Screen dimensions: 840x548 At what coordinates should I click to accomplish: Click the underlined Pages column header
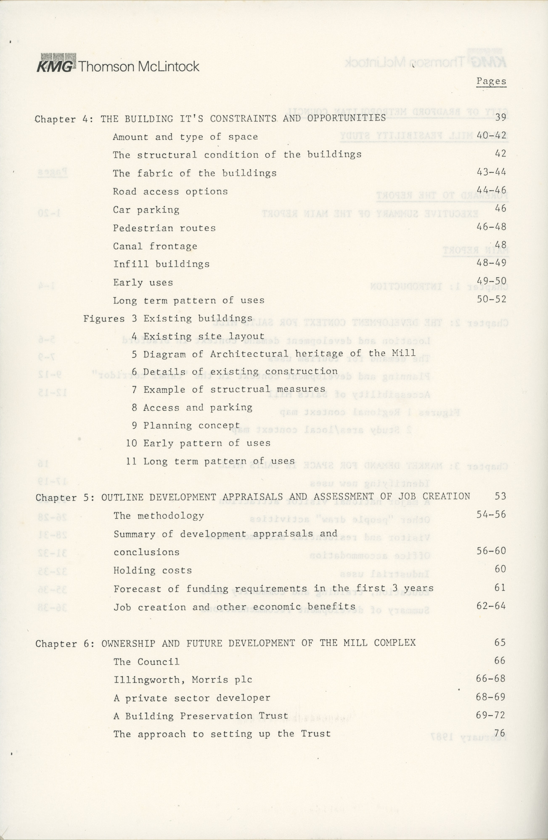coord(491,81)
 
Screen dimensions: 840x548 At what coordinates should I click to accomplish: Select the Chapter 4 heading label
coord(64,119)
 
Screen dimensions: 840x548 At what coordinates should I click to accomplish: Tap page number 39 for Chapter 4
coord(500,118)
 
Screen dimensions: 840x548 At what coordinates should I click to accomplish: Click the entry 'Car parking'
coord(146,210)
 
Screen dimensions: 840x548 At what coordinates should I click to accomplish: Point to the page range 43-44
coord(491,172)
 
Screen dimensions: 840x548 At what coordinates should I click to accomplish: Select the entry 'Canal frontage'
coord(155,246)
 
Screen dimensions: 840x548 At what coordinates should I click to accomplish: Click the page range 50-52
coord(491,299)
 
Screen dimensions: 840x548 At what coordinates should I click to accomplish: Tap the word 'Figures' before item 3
coord(104,319)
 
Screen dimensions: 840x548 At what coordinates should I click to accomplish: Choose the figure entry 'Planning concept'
coord(191,425)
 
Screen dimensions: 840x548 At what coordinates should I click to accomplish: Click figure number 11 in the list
coord(131,461)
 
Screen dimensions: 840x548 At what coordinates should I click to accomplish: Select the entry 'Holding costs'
coord(153,570)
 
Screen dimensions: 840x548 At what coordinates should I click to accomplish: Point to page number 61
coord(500,588)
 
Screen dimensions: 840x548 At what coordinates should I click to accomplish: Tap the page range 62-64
coord(491,606)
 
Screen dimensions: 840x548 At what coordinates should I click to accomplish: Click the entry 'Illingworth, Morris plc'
coord(183,680)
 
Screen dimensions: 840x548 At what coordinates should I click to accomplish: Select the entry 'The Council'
coord(146,661)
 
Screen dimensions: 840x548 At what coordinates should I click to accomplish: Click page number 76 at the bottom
coord(500,733)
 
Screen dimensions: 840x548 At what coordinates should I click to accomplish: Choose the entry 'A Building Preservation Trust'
coord(201,716)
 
